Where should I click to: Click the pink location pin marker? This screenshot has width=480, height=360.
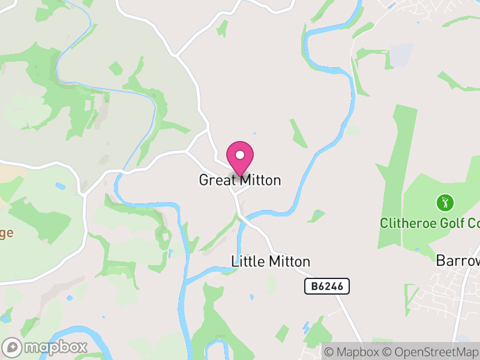[240, 158]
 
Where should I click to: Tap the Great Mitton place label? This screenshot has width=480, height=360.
[240, 180]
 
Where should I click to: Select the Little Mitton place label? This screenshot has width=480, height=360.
[271, 262]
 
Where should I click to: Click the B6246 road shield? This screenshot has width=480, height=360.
[327, 287]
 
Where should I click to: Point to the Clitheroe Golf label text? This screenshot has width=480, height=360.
[430, 223]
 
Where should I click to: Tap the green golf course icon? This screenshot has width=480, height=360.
[445, 202]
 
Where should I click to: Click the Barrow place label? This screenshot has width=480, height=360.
[458, 262]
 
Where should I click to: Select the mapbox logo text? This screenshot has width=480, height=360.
[55, 347]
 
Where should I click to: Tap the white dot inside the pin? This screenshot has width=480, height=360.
[240, 155]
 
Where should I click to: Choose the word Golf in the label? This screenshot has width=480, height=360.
[450, 223]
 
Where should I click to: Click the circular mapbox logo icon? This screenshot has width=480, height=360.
[12, 347]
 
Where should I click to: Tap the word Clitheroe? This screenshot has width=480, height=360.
[408, 223]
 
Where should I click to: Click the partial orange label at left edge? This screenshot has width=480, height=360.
[6, 233]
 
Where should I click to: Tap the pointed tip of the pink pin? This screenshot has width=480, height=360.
[240, 176]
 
